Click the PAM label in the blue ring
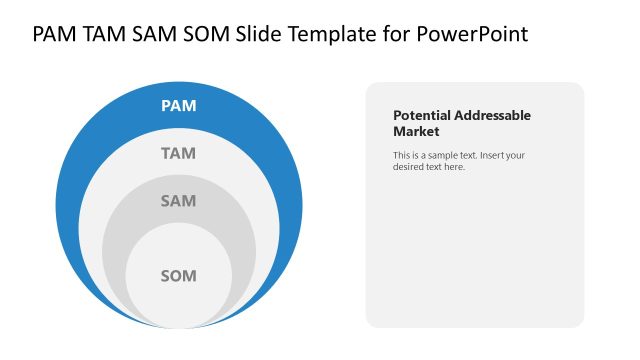click(179, 105)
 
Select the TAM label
click(179, 153)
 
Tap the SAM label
click(179, 201)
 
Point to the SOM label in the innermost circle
click(179, 275)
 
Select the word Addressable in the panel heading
click(491, 115)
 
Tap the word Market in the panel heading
click(417, 131)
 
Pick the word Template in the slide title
click(332, 34)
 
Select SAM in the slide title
click(157, 34)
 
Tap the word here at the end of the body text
click(454, 166)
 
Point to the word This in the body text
click(402, 155)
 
